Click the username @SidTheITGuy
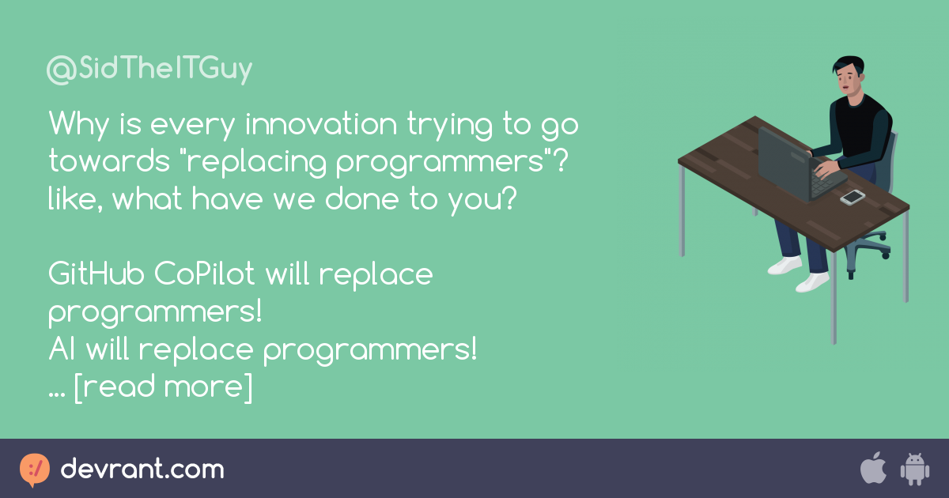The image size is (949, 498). click(149, 70)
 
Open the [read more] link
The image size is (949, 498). click(163, 387)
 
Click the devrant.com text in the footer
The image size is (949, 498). click(142, 470)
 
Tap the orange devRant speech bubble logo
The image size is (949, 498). click(35, 470)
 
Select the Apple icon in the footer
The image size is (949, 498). click(872, 469)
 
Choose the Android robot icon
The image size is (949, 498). click(913, 469)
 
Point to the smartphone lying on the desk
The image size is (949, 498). click(853, 197)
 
